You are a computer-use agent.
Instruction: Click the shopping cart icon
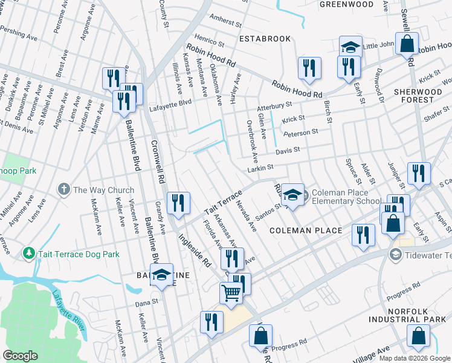pos(231,293)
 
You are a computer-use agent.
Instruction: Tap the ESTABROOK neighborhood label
pos(265,39)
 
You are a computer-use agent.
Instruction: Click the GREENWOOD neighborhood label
pos(346,4)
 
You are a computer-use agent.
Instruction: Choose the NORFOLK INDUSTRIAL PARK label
pos(416,315)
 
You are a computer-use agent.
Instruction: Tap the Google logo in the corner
pos(21,356)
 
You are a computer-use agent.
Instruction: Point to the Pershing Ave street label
pos(18,33)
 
